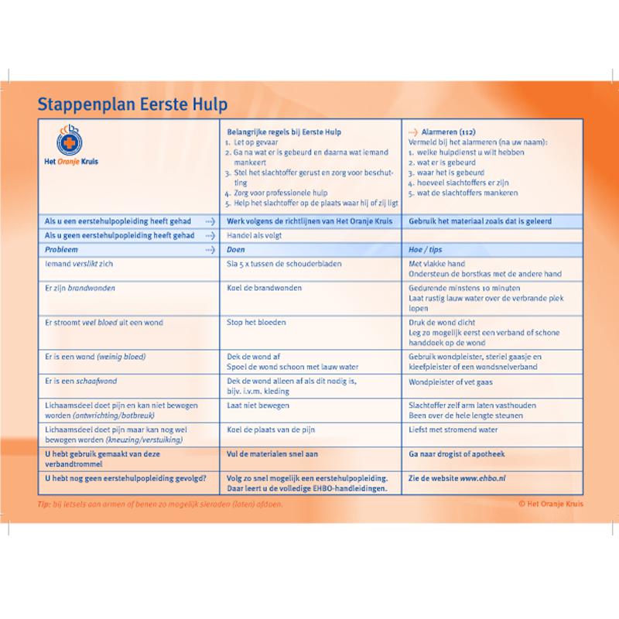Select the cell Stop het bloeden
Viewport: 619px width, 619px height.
pyautogui.click(x=252, y=321)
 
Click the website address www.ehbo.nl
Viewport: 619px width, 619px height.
pyautogui.click(x=485, y=477)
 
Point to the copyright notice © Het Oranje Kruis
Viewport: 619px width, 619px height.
pyautogui.click(x=551, y=504)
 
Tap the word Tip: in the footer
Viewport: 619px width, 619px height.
pyautogui.click(x=43, y=504)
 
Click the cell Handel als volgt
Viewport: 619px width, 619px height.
pyautogui.click(x=251, y=236)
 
